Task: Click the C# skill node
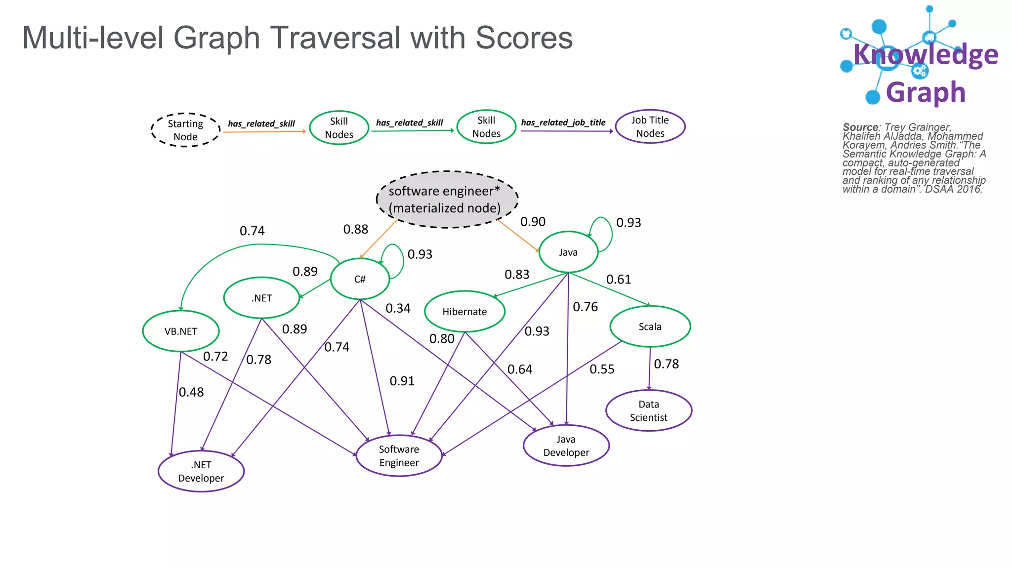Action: point(360,279)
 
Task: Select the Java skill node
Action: point(568,252)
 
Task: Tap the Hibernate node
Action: point(464,312)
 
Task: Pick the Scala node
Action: point(650,326)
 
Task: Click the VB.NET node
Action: point(181,331)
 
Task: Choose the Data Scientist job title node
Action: point(648,410)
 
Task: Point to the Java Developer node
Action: point(566,446)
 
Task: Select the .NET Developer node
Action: point(201,471)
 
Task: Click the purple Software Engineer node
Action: point(399,455)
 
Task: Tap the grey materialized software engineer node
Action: point(447,200)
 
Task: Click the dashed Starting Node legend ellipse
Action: point(185,130)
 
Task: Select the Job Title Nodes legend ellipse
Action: point(650,126)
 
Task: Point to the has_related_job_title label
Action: point(563,122)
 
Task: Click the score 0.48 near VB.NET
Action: point(191,392)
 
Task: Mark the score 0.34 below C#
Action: point(398,308)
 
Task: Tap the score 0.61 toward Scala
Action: point(619,280)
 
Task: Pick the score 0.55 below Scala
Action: point(602,369)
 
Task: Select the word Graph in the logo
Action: point(926,92)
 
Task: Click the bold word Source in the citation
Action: point(860,127)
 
